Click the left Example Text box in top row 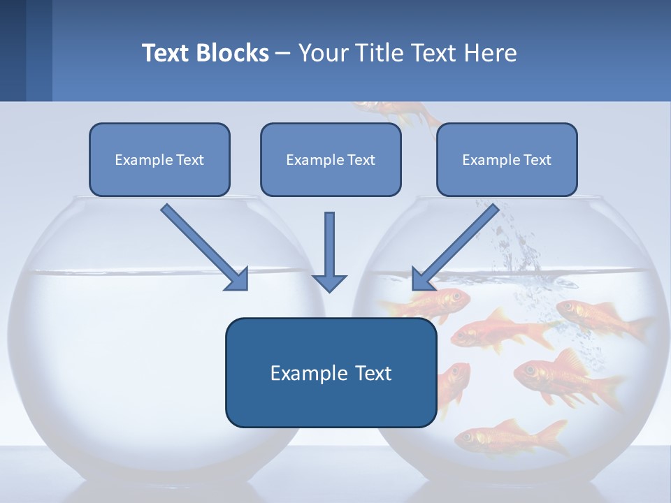(159, 159)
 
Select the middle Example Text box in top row (331, 159)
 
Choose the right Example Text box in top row (507, 159)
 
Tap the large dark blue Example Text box (331, 372)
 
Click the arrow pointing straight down (329, 251)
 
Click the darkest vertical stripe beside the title (13, 50)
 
